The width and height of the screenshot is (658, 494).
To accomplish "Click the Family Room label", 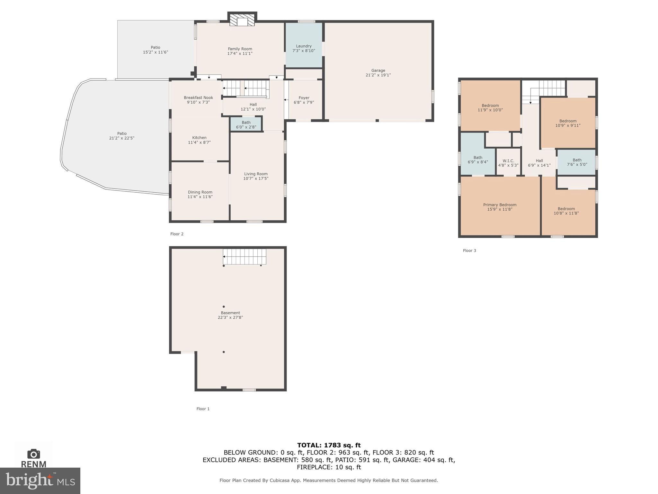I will [240, 49].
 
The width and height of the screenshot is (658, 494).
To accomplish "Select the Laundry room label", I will [304, 46].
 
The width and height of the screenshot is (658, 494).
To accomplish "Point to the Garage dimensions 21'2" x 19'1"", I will [378, 75].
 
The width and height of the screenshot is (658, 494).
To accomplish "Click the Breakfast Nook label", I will [198, 97].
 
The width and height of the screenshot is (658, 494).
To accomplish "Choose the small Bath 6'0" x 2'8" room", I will [246, 124].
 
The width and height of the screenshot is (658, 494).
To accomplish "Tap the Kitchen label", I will [199, 138].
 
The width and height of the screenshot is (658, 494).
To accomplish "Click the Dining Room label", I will [200, 192].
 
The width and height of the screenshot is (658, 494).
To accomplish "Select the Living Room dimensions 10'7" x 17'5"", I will [256, 178].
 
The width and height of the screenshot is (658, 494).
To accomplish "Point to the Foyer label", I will [304, 98].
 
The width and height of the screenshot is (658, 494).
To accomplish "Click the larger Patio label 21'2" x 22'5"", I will [122, 133].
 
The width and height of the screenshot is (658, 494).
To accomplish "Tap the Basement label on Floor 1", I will [230, 313].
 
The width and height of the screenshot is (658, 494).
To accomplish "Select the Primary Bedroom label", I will [500, 205].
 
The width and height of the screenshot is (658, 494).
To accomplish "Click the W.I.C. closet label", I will [508, 161].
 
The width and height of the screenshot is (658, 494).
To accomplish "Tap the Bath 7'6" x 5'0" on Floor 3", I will [577, 162].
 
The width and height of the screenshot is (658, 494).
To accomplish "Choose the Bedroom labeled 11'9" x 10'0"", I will [490, 107].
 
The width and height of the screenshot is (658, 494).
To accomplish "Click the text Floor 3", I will [469, 251].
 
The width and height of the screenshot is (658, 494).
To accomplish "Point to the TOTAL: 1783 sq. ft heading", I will [329, 445].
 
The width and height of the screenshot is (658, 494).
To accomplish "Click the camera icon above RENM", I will [33, 454].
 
